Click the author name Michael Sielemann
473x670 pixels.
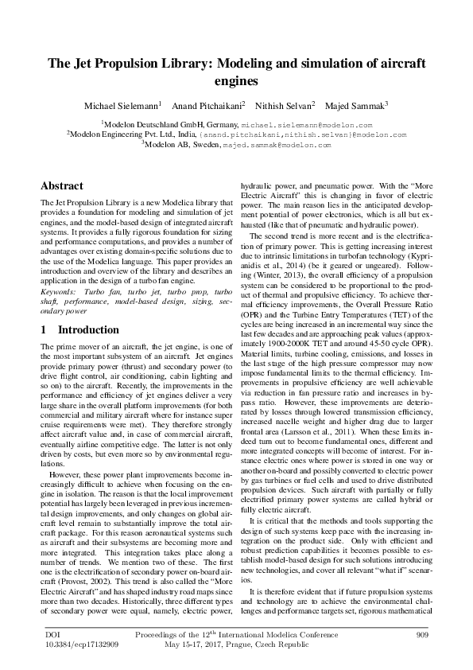coord(122,105)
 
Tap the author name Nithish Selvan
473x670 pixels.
coord(285,105)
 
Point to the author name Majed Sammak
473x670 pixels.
coord(357,105)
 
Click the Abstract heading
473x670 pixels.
coord(62,185)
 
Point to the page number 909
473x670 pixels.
coord(422,634)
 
